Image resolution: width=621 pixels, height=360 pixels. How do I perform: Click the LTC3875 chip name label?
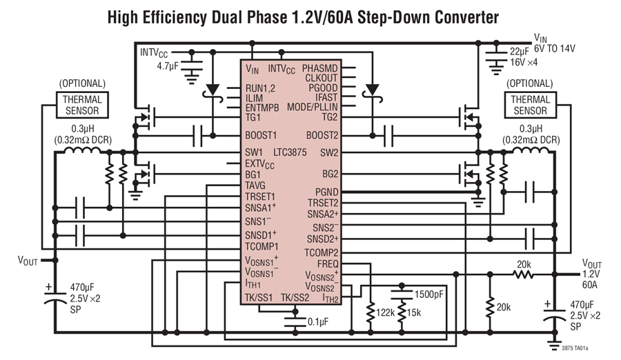[x=290, y=152]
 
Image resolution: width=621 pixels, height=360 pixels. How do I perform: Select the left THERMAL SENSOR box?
[x=82, y=105]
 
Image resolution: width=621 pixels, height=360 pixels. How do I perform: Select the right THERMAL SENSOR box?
[x=531, y=105]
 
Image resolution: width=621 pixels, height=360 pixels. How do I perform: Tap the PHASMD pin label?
[x=320, y=68]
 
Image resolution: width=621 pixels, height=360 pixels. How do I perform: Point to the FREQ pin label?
[x=328, y=263]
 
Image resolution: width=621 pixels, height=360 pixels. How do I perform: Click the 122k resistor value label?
[x=385, y=313]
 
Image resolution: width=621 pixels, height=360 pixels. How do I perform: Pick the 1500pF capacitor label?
[x=429, y=294]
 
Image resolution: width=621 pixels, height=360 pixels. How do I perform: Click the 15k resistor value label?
[x=414, y=313]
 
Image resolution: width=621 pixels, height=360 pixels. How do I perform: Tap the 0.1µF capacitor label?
[x=318, y=322]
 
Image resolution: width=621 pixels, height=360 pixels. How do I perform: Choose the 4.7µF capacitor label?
[x=168, y=66]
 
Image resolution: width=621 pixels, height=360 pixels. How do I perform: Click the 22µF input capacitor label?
[x=519, y=52]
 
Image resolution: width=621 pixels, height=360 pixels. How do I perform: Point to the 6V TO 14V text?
[x=555, y=49]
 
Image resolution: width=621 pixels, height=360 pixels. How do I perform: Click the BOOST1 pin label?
[x=261, y=135]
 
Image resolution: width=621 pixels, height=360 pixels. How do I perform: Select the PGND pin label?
[x=327, y=192]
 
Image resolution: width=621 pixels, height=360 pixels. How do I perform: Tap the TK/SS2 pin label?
[x=295, y=297]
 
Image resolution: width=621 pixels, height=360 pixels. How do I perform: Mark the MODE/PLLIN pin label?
[x=313, y=107]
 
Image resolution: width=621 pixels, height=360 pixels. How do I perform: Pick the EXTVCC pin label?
[x=260, y=164]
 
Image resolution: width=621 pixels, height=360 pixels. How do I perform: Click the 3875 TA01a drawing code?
[x=575, y=348]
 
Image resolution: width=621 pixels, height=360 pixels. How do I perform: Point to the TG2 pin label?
[x=330, y=117]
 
